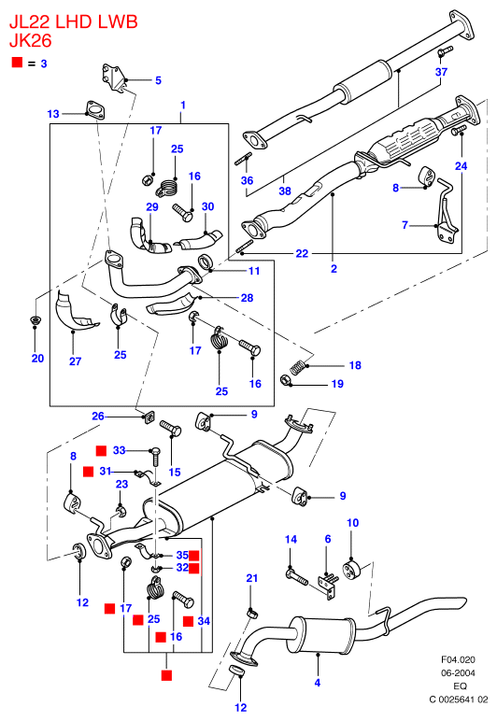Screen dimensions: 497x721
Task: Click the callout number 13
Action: tap(53, 114)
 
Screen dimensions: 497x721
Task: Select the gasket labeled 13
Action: tap(94, 110)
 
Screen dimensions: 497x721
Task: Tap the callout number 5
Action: tap(158, 80)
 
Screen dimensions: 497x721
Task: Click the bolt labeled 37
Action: tap(445, 51)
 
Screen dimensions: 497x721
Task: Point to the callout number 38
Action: tap(285, 191)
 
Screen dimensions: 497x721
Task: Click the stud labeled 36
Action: tap(242, 161)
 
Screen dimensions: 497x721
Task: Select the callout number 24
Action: tap(461, 166)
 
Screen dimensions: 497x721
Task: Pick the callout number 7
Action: tap(405, 225)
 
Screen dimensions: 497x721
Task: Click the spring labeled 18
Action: tap(298, 366)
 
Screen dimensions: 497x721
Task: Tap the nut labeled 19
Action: tap(286, 380)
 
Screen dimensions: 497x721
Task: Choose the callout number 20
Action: tap(37, 359)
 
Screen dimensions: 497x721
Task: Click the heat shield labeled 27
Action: tap(76, 312)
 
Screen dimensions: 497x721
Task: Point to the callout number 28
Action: tap(247, 298)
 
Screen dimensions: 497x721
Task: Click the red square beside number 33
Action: tap(101, 450)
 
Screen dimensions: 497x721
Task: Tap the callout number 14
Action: tap(291, 540)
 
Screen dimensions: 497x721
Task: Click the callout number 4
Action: tap(318, 683)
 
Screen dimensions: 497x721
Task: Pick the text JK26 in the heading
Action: tap(30, 41)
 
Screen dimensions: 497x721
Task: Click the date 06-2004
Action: tap(459, 672)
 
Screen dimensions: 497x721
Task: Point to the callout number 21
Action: tap(252, 578)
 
